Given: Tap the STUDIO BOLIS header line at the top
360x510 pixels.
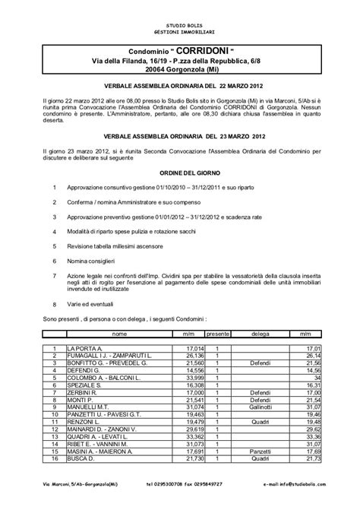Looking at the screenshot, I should pos(179,26).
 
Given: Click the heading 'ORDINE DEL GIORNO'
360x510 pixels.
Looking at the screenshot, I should pos(179,173).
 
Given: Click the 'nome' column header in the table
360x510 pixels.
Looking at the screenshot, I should pos(119,334).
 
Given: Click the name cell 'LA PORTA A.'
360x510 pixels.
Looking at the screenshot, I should pos(84,347).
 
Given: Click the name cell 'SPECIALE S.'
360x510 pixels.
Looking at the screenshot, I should pos(84,385).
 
